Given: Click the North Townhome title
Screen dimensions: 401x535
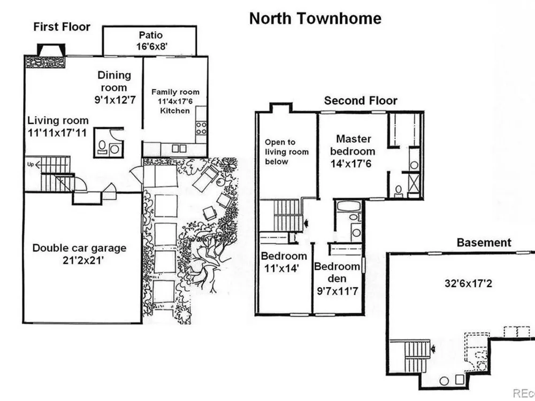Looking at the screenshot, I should tap(315, 19).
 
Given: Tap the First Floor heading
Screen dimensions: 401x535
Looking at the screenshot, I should tap(62, 27).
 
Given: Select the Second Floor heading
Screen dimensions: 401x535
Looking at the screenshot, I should tap(361, 101).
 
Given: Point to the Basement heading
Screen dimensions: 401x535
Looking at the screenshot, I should tap(484, 242).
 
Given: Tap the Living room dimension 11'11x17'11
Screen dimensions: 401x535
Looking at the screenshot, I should tap(57, 132).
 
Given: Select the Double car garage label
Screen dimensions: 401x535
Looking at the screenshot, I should tap(79, 248).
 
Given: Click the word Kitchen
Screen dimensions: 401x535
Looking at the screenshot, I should tap(175, 111).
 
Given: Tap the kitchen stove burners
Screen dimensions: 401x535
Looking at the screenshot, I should tap(202, 127).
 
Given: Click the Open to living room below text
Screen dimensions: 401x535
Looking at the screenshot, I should tap(287, 152).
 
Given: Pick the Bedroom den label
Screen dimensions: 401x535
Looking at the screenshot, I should tap(337, 272).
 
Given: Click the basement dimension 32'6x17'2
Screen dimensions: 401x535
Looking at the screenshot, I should tap(468, 283).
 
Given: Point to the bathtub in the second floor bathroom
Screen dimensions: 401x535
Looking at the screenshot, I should tap(348, 206).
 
